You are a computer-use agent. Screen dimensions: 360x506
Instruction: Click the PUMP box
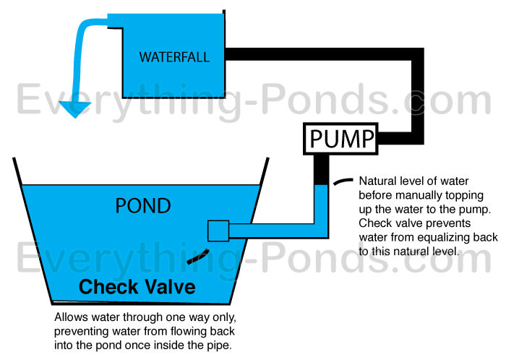coord(339,138)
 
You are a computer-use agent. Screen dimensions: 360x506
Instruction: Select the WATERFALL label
coord(174,56)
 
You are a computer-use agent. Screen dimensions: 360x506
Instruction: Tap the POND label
coord(143,206)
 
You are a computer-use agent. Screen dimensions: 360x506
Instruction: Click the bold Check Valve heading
coord(137,287)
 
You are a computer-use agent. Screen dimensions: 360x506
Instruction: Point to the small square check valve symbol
coord(218,231)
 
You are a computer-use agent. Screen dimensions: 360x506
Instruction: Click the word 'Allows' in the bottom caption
coord(71,317)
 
